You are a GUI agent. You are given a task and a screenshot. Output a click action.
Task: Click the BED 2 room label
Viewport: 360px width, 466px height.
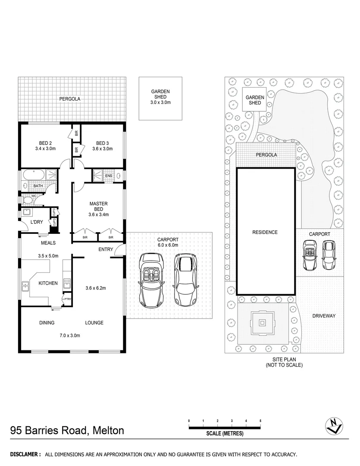pos(45,143)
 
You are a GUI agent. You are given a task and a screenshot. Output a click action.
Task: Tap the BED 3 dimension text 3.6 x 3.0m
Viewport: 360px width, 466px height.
pos(102,149)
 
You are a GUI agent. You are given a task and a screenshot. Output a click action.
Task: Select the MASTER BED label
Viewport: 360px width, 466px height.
pos(98,206)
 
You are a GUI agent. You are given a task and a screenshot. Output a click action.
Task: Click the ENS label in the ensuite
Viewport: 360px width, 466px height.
pos(108,176)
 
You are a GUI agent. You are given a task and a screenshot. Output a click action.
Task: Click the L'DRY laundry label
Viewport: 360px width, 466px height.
pos(36,223)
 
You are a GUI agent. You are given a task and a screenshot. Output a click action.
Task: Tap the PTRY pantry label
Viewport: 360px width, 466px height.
pos(67,299)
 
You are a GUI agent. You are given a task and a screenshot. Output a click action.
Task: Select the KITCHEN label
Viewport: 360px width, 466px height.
pos(48,283)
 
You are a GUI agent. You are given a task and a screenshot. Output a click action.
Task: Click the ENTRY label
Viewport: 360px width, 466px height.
pos(106,249)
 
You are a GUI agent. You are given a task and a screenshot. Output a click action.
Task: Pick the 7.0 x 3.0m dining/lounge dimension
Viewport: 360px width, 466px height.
pos(69,335)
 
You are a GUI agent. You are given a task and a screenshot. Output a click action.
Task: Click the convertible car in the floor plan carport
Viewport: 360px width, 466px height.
pos(151,280)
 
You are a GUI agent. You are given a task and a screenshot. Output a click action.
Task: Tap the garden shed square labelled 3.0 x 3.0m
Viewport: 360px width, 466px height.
pos(160,98)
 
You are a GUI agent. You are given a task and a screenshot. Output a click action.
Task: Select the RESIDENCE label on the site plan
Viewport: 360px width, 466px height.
pos(265,232)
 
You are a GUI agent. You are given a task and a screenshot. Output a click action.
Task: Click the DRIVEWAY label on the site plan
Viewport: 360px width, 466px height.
pos(324,316)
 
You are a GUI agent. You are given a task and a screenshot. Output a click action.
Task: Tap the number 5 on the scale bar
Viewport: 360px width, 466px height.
pos(260,420)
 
